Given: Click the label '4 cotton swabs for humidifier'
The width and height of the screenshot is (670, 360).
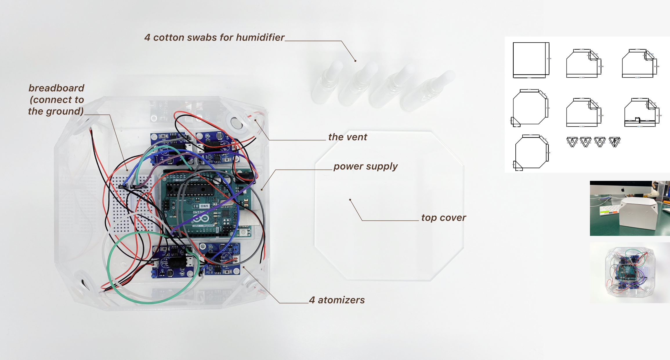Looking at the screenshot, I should coord(214,37).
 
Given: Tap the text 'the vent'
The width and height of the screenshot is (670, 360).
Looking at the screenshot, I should coord(347,137).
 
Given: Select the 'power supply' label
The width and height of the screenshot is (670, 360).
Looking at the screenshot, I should coord(365,166).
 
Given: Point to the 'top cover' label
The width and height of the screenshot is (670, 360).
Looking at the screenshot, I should coord(443,217).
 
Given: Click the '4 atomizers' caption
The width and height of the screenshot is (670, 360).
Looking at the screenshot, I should coord(337,300).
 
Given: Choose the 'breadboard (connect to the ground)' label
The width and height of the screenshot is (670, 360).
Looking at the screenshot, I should coord(56,99).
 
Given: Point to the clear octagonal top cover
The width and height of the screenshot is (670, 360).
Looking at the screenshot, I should coord(389,246).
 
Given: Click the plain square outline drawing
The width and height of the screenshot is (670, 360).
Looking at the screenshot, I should coord(530,60).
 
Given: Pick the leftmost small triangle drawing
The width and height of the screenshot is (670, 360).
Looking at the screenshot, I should coord(572,142).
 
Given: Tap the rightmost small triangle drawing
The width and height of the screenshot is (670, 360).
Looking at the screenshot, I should coord(615,142).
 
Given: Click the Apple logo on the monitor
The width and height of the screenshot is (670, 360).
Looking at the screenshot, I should coord(623,190).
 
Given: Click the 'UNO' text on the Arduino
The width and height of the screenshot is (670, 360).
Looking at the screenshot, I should coord(204,206).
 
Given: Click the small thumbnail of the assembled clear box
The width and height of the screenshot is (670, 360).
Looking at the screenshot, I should coord(629,272).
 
